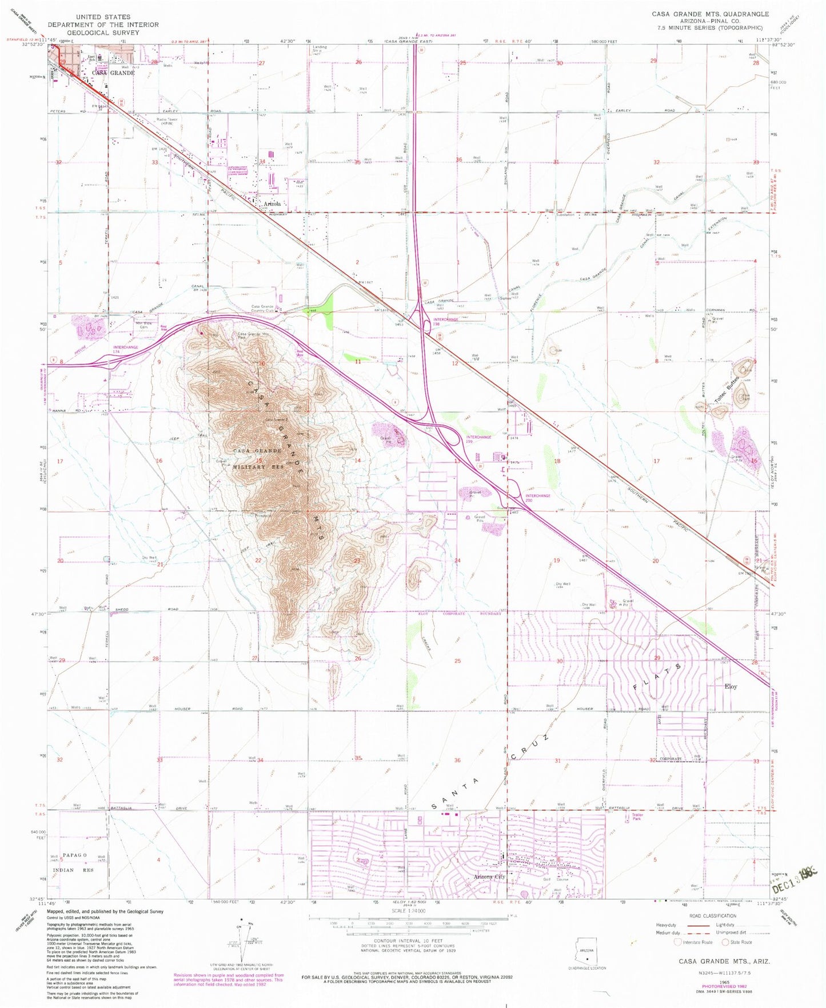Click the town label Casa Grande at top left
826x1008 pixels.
(x=113, y=73)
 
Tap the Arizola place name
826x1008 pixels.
(x=271, y=203)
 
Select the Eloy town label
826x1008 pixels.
(x=731, y=686)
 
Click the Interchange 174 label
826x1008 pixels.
(x=125, y=347)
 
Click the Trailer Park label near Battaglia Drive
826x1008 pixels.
(x=637, y=817)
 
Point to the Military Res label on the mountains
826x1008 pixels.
(x=258, y=467)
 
